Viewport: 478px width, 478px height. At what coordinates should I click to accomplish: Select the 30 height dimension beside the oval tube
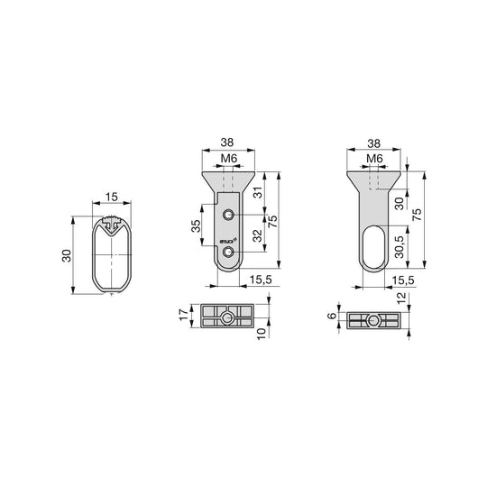(x=65, y=256)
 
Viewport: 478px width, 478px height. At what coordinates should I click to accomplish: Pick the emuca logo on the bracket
(x=227, y=241)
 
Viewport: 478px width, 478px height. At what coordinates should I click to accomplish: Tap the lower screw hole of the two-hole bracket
(x=232, y=253)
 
